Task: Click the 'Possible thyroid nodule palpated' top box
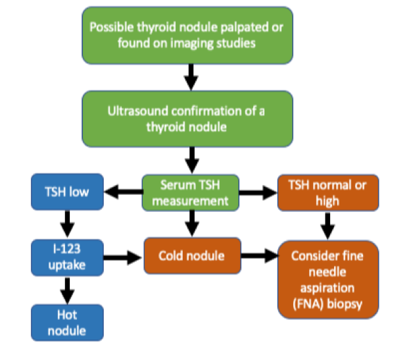point(187,36)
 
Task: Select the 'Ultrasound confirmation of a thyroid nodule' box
point(187,119)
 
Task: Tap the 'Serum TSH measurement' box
point(191,193)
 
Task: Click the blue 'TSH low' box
point(67,192)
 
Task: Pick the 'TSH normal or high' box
point(328,193)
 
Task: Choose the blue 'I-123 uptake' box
point(67,258)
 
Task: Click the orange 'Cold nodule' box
point(193,256)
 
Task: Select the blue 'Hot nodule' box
point(67,322)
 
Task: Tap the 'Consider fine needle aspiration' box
point(328,280)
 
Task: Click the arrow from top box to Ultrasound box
point(191,77)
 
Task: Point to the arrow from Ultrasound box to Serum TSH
point(192,160)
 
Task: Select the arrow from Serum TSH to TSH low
point(123,192)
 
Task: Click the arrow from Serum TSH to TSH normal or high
point(258,193)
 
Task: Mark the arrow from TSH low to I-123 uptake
point(67,224)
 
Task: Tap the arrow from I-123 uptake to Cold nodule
point(123,258)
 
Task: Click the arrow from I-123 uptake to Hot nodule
point(67,290)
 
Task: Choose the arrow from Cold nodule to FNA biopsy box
point(260,255)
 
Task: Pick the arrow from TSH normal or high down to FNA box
point(327,226)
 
